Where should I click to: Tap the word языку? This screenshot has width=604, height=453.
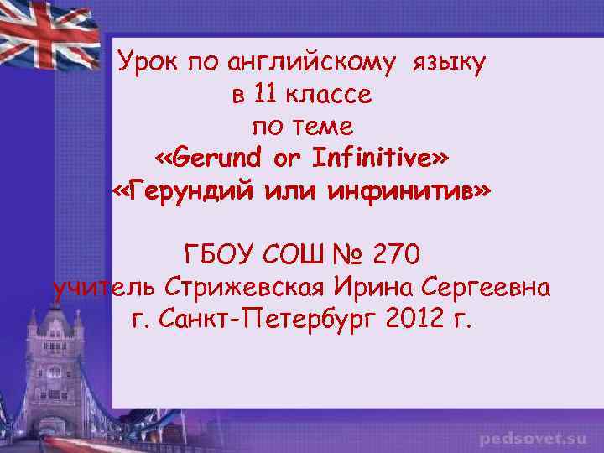tap(448, 62)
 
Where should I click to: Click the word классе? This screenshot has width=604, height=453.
tap(329, 95)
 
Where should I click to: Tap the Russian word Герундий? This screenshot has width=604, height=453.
tap(192, 191)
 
